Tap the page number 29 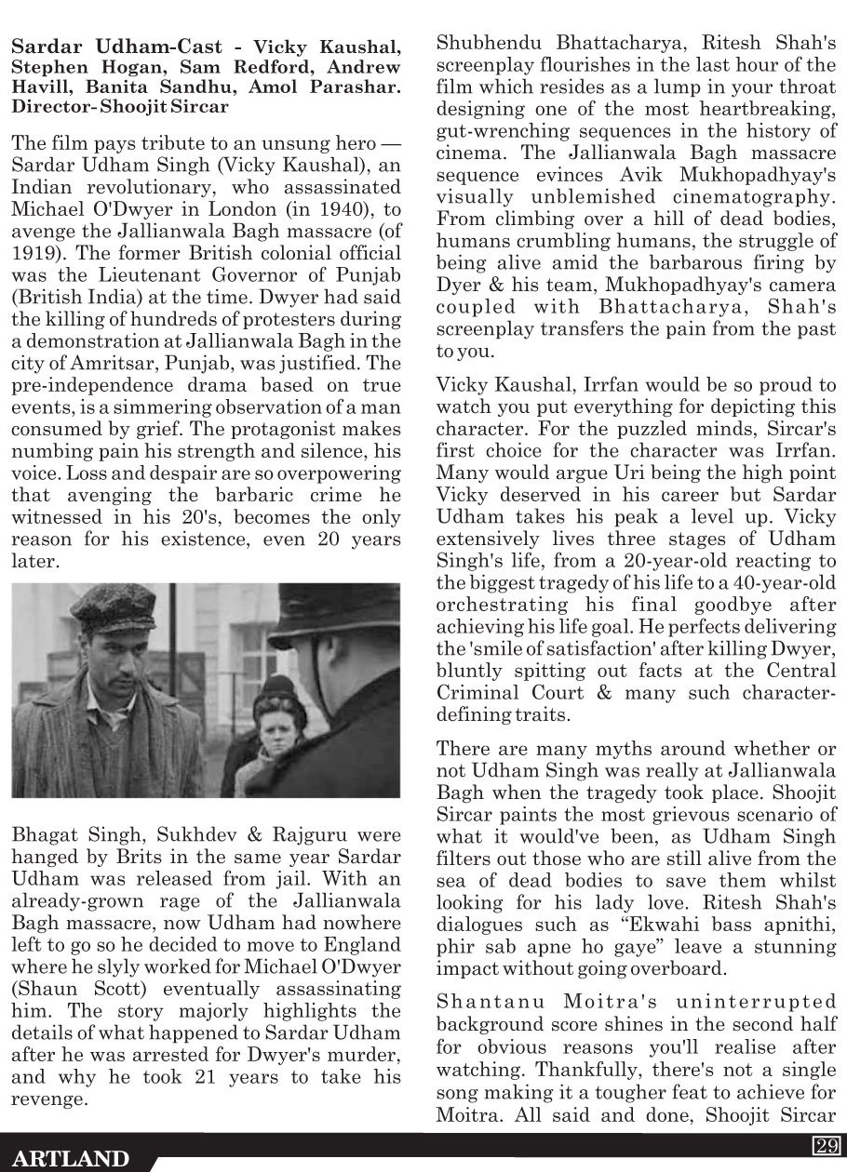827,1145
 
